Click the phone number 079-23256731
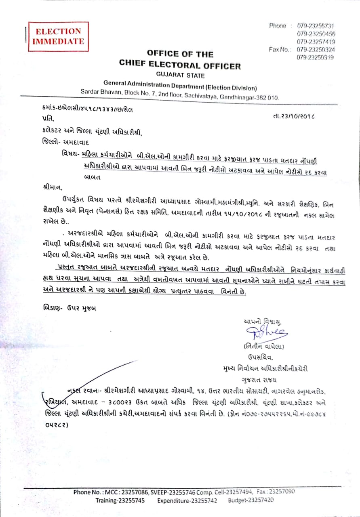click(316, 26)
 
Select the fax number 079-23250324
click(316, 49)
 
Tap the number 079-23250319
click(316, 57)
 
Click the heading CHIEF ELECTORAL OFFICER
click(180, 65)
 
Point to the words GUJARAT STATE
click(180, 76)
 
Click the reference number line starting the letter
click(87, 109)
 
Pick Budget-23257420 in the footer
click(251, 500)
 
